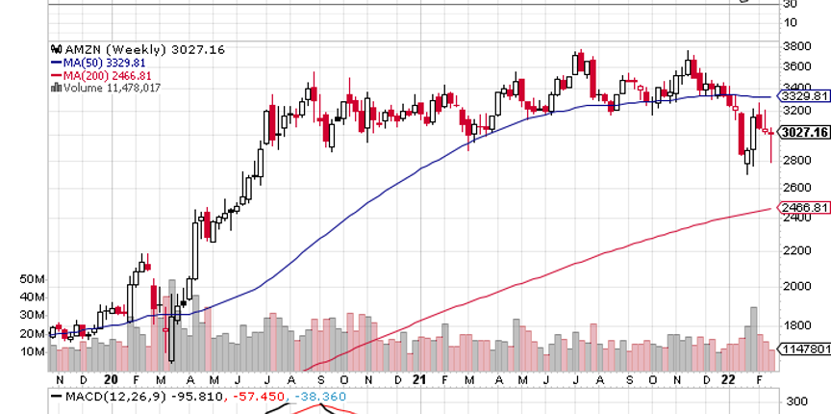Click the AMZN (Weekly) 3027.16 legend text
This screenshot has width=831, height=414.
click(x=144, y=48)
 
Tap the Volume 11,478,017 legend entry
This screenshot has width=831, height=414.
click(x=111, y=87)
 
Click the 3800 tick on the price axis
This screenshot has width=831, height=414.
click(x=796, y=46)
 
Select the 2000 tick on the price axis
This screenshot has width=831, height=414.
click(x=796, y=287)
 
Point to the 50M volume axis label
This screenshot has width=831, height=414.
click(x=33, y=279)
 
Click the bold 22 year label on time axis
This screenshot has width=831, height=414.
click(x=730, y=380)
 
